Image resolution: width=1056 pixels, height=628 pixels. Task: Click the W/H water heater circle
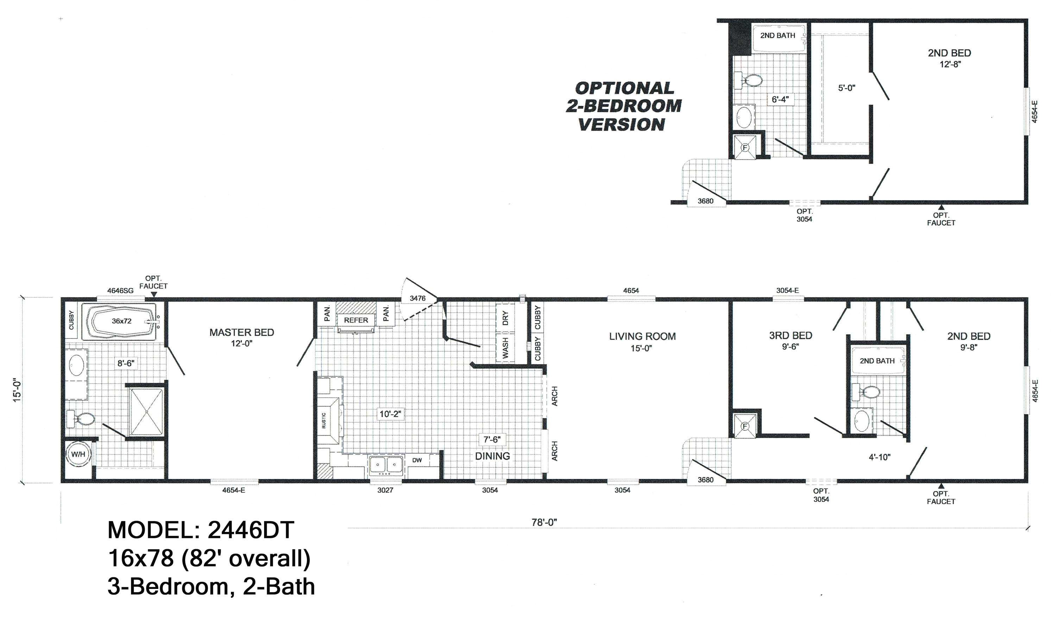pos(78,454)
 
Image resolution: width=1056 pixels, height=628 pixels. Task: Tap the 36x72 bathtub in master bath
pos(121,321)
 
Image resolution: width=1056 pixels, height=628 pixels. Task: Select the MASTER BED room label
pos(241,333)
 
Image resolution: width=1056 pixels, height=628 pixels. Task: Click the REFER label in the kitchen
pos(356,320)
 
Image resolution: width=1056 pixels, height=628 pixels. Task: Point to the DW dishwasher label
pos(417,460)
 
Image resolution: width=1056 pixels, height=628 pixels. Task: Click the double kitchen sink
pos(385,465)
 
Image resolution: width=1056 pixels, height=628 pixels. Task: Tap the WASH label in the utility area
pos(505,348)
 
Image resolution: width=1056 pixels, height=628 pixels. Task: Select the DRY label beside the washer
pos(505,318)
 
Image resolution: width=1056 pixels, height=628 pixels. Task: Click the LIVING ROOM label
pos(642,337)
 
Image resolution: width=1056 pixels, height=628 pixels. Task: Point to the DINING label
pos(492,456)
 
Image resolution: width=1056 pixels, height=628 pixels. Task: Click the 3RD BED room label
pos(790,335)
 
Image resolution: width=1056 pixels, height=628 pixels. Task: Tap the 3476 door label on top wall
pos(417,299)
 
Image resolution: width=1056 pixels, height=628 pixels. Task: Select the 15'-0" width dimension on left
pos(17,389)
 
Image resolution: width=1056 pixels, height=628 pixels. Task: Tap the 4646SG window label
pos(120,291)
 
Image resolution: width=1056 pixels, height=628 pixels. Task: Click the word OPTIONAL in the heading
pos(624,88)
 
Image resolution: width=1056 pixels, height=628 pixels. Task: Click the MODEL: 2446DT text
pos(201,530)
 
